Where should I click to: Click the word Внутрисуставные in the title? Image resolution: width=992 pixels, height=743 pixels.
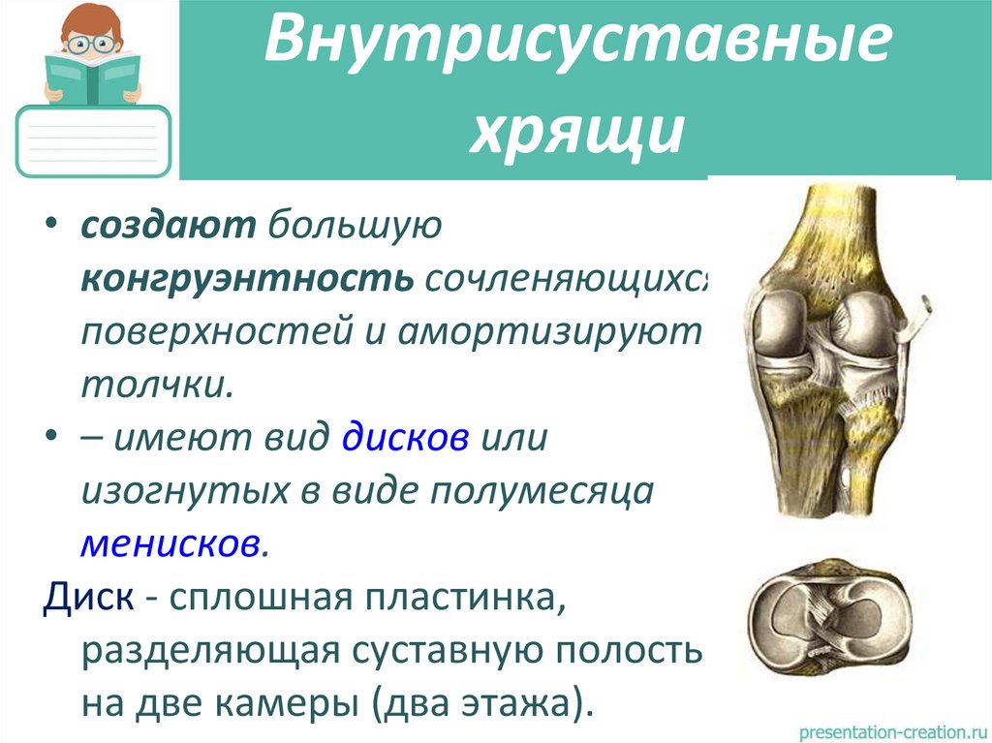click(578, 50)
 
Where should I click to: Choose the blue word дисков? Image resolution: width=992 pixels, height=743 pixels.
click(406, 437)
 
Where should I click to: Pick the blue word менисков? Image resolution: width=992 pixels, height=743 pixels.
click(170, 542)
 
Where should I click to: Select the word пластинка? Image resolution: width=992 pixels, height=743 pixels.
click(466, 596)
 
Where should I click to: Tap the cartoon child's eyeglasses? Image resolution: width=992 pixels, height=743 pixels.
click(93, 44)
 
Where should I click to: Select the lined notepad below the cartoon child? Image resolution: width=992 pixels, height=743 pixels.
click(94, 140)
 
